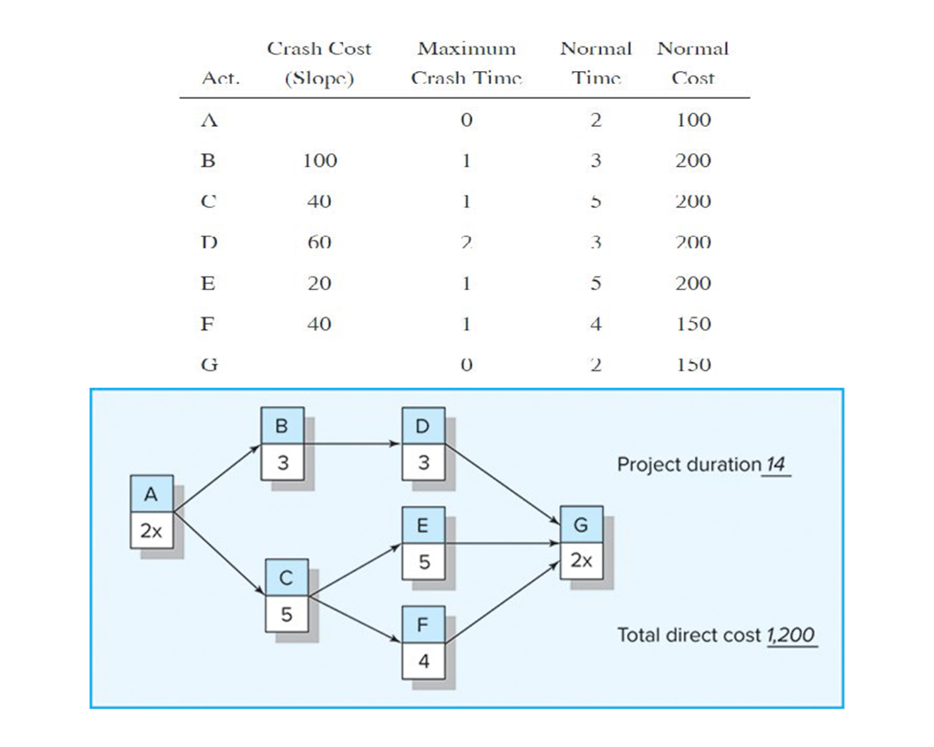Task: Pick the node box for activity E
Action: click(423, 544)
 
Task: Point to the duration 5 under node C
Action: click(286, 615)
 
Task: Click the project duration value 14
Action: click(775, 464)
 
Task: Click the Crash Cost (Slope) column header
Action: click(319, 63)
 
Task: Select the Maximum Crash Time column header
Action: click(466, 63)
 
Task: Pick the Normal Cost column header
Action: click(692, 63)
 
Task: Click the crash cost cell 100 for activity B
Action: click(319, 161)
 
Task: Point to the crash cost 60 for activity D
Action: click(319, 243)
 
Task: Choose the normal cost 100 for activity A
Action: click(692, 119)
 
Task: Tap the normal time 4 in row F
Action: click(596, 324)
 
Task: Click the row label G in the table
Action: click(208, 365)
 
